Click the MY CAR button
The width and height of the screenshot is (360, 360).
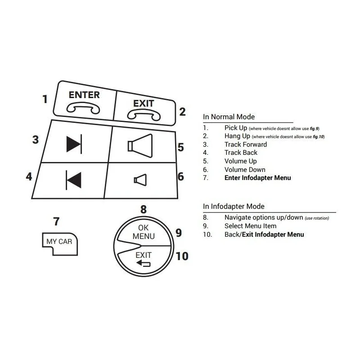tap(60, 243)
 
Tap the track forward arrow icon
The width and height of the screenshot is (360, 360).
tap(74, 144)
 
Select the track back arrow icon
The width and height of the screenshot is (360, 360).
tap(73, 180)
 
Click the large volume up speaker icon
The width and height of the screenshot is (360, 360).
tap(140, 146)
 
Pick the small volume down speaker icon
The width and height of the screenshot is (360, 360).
tap(140, 180)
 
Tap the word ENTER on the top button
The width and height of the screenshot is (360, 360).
tap(84, 95)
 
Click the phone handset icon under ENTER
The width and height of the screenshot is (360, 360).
tap(83, 108)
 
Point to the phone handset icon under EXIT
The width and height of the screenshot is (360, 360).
tap(144, 115)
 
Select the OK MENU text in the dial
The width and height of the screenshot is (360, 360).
tap(144, 232)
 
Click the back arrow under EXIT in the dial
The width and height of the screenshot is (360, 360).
tap(143, 263)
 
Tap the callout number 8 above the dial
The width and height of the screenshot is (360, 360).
tap(144, 209)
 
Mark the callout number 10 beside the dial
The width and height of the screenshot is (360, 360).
tap(182, 256)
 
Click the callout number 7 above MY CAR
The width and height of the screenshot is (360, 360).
tap(56, 221)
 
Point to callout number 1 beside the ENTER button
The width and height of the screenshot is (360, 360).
tap(45, 99)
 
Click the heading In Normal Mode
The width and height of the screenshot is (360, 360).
tap(229, 117)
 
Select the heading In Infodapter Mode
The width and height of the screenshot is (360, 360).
tap(234, 207)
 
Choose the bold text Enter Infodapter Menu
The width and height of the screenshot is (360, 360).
tap(257, 178)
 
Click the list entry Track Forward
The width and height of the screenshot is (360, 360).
tap(246, 144)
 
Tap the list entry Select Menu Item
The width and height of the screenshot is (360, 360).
tap(250, 226)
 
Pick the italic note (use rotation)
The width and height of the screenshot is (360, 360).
tap(317, 218)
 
